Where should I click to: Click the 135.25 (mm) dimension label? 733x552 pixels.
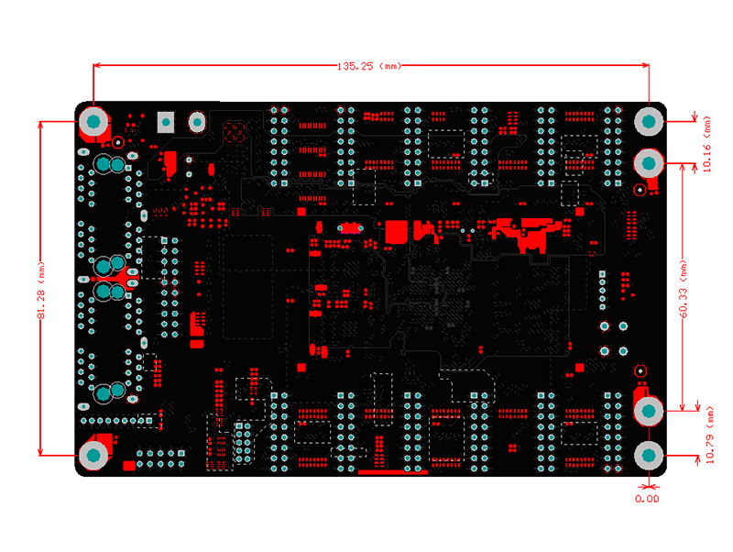[369, 66]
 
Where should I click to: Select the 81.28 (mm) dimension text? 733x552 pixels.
[41, 291]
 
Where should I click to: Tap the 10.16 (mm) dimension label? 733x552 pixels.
[706, 144]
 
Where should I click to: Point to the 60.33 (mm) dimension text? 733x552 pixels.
[683, 289]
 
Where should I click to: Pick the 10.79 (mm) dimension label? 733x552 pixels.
[709, 435]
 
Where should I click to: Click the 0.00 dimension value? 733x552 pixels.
[647, 499]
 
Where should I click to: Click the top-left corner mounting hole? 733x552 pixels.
[93, 121]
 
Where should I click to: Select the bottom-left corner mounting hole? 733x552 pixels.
[93, 455]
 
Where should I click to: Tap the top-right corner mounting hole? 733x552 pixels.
[649, 122]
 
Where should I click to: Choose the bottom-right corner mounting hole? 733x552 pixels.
[649, 455]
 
